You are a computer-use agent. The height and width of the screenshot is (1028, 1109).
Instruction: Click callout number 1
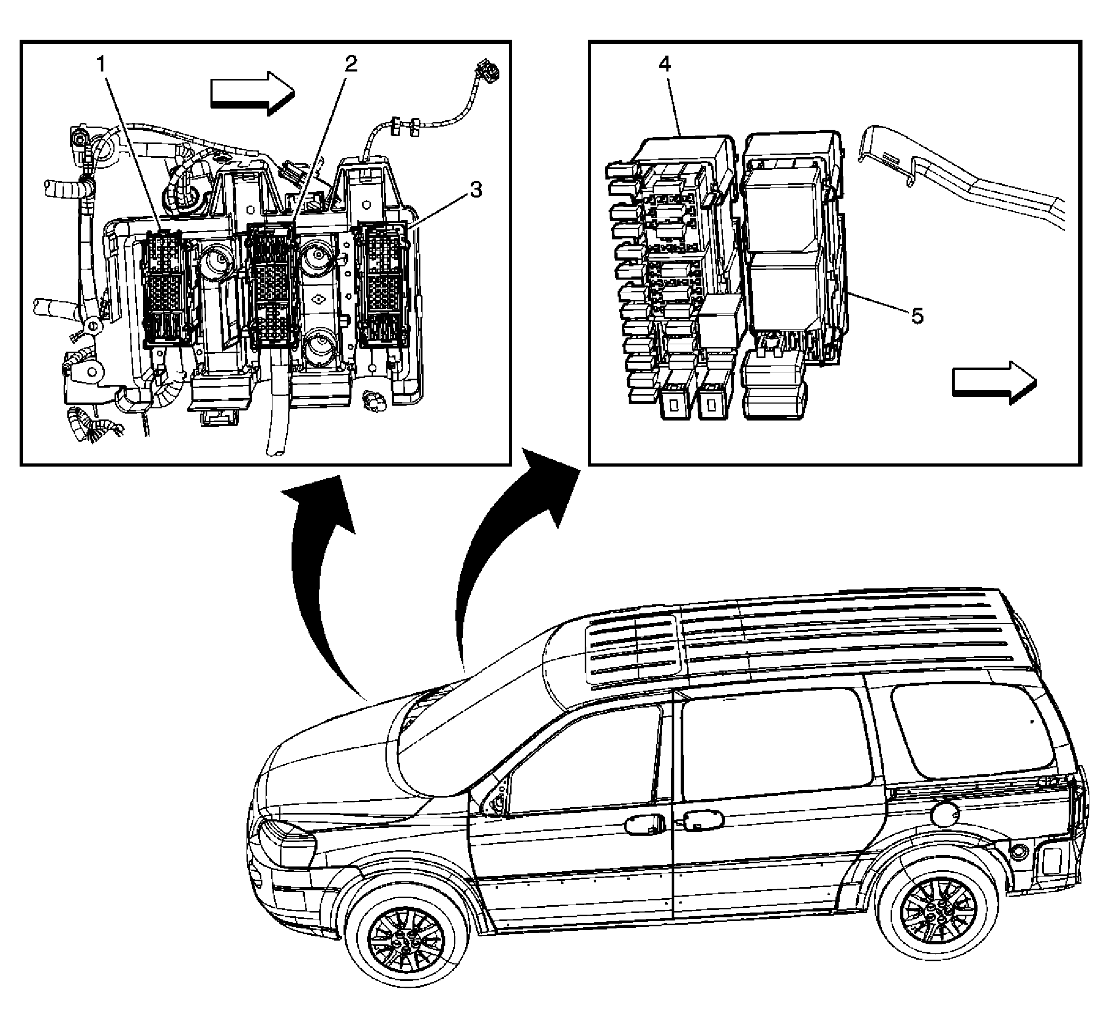point(101,65)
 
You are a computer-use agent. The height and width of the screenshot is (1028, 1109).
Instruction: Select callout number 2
point(350,64)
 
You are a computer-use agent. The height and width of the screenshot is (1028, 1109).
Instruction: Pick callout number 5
point(917,316)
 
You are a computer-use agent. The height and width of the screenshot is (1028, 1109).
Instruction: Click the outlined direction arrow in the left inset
point(251,93)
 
